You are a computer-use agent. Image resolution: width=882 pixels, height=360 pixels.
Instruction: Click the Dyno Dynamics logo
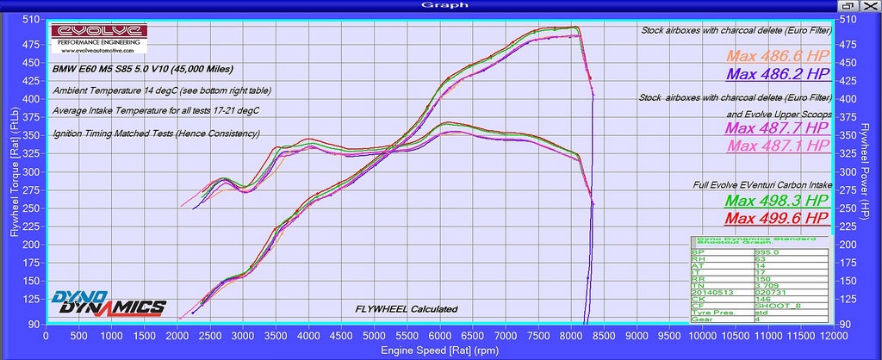click(x=109, y=304)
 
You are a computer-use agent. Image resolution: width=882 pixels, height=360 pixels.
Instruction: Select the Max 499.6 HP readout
click(x=782, y=217)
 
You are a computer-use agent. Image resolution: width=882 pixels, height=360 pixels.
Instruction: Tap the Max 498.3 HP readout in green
click(x=782, y=201)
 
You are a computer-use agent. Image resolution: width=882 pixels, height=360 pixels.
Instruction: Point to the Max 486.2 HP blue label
click(x=782, y=75)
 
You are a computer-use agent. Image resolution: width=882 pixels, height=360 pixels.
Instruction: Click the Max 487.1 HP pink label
click(x=782, y=146)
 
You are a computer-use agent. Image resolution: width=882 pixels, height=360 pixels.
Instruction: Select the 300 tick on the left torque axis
click(x=31, y=172)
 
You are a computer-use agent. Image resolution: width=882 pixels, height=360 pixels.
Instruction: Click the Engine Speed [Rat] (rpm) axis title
click(x=440, y=350)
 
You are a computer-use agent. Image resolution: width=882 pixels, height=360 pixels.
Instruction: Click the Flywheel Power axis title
click(x=871, y=172)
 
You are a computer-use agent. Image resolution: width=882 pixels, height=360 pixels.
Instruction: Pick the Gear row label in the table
click(x=703, y=320)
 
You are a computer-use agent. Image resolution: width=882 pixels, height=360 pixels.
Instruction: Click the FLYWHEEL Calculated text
click(x=406, y=309)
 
